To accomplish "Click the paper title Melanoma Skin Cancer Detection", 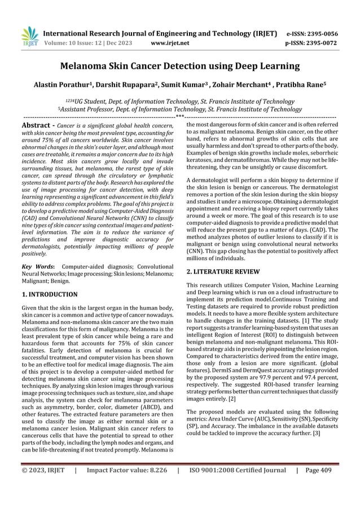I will tap(180, 67).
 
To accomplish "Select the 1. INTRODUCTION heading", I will tap(49, 294).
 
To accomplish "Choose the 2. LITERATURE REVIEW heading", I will tap(224, 272).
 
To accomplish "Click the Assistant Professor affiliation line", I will tap(179, 109).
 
